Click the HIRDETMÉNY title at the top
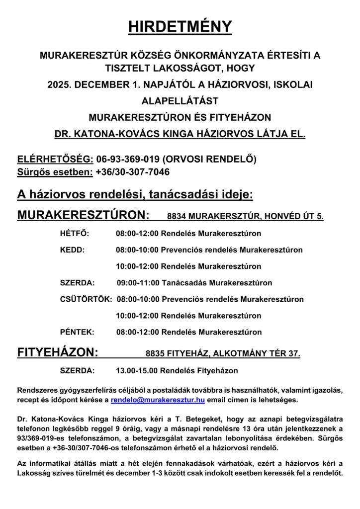pos(180,27)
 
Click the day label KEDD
pos(72,250)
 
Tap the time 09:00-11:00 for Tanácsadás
pos(138,283)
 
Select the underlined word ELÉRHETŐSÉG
pos(55,159)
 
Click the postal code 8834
pos(178,216)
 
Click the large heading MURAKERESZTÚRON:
pos(83,215)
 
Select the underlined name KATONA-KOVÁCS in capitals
pos(119,134)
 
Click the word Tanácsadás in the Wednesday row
pos(185,283)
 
